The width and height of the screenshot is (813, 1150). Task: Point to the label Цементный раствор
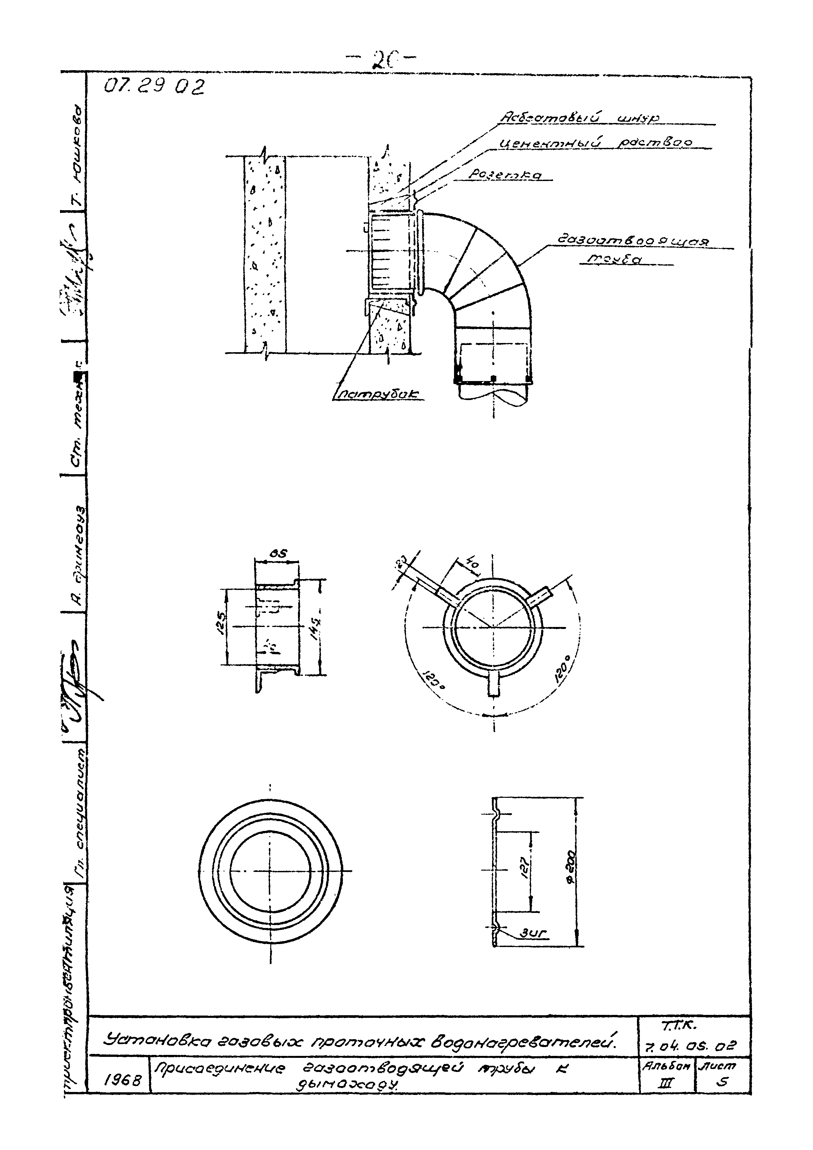point(596,143)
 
